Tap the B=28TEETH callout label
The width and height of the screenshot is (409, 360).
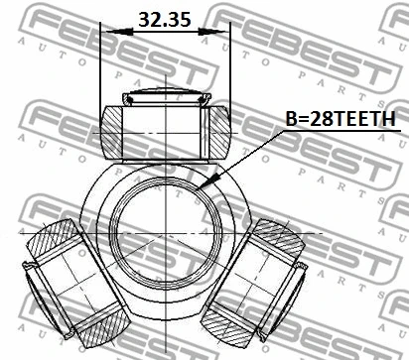click(340, 119)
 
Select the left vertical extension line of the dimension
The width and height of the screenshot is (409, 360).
click(101, 69)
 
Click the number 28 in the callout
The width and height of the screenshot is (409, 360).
click(320, 119)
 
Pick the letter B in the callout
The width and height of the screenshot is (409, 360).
click(291, 119)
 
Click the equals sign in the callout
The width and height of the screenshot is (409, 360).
click(303, 119)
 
